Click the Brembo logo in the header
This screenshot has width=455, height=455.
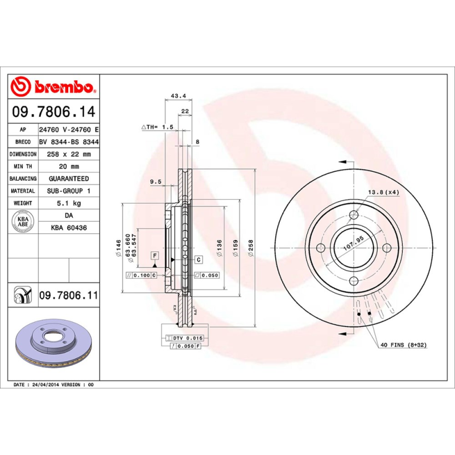tap(54, 87)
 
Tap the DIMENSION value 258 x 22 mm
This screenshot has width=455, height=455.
tap(68, 154)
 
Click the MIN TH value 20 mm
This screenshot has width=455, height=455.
tap(68, 167)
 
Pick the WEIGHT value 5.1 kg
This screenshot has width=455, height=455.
tap(68, 203)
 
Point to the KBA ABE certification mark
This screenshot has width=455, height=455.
tap(23, 221)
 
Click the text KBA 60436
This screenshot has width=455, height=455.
tap(68, 227)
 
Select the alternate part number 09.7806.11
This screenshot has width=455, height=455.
tap(68, 296)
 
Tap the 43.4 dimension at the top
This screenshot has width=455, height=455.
tap(179, 96)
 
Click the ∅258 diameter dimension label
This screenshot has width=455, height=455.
tap(251, 249)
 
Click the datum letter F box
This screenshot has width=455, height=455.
tap(154, 257)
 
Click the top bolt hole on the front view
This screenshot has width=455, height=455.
tap(354, 214)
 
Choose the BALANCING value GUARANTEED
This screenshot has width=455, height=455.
tap(68, 179)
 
